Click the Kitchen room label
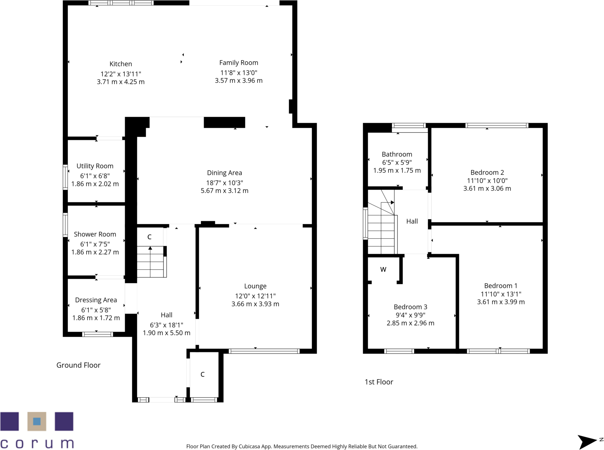click(121, 64)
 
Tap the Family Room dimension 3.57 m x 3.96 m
click(239, 81)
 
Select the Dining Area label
click(224, 173)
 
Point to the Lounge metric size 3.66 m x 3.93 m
click(255, 304)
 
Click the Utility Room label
click(95, 166)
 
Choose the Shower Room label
click(95, 234)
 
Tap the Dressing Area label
click(96, 300)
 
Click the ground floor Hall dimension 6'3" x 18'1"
click(166, 325)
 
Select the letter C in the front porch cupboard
click(202, 374)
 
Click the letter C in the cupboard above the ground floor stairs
click(149, 237)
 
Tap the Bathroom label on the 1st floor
click(397, 154)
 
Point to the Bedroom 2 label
click(487, 172)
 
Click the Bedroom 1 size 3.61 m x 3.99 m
click(501, 302)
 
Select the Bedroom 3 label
click(410, 307)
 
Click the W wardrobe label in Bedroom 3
click(383, 270)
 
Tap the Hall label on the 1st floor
click(412, 221)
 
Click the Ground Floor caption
click(78, 365)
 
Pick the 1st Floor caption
click(379, 382)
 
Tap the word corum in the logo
click(37, 443)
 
